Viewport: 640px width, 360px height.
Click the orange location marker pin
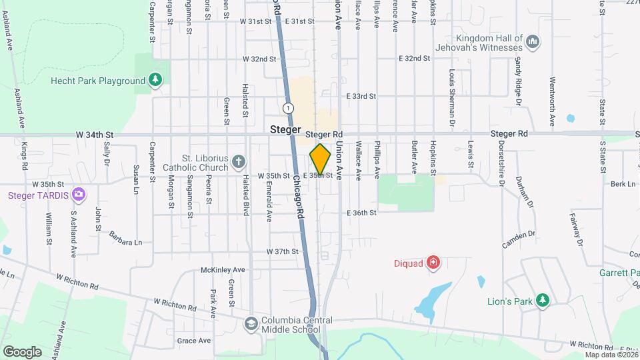coord(320,159)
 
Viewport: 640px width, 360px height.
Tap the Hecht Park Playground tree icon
coord(155,81)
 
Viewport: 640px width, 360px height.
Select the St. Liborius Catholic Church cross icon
coord(239,161)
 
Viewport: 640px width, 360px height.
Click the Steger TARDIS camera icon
coord(79,195)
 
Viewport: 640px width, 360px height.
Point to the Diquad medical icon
coord(433,263)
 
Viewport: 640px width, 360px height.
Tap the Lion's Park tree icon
coord(543,301)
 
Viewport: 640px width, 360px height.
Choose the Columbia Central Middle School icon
coord(251,324)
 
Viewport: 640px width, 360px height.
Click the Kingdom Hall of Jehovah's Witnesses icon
coord(532,43)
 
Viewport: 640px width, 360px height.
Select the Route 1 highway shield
coord(288,107)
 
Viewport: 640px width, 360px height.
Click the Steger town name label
coord(287,129)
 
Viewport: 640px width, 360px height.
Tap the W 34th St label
coord(95,135)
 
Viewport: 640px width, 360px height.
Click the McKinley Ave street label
coord(223,270)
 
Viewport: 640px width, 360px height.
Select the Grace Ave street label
coord(194,341)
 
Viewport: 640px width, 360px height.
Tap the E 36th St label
coord(361,213)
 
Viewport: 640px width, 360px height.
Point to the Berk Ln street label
coord(622,183)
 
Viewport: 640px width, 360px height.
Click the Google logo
coord(22,351)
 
